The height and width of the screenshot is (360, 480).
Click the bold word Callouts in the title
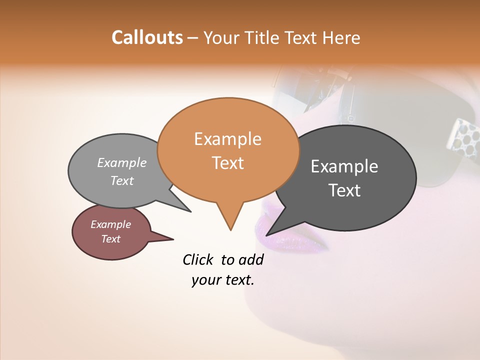click(x=147, y=37)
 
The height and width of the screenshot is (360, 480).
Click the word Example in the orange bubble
click(x=227, y=139)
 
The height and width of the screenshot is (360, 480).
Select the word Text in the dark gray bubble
click(x=344, y=190)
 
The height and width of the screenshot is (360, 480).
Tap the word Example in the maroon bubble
click(x=110, y=224)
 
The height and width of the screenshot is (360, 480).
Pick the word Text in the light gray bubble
click(x=121, y=180)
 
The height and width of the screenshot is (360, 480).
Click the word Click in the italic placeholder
click(x=197, y=259)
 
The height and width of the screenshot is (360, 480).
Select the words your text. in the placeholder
click(x=223, y=280)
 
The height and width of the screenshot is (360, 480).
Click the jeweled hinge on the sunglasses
click(x=462, y=135)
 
